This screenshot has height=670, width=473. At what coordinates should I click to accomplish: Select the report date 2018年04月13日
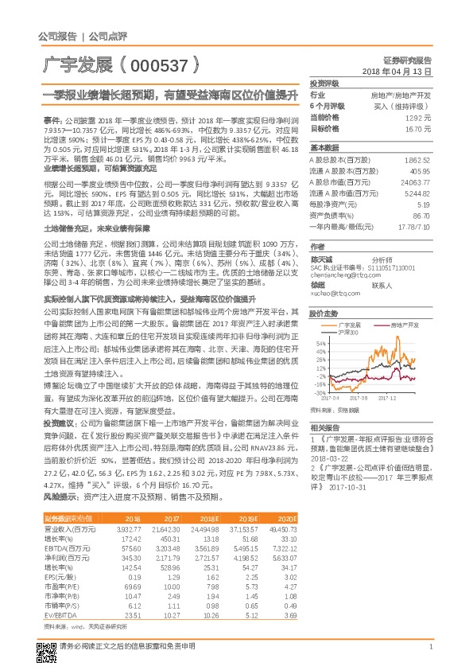point(397,71)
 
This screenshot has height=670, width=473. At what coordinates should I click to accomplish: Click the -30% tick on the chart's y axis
point(319,392)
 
